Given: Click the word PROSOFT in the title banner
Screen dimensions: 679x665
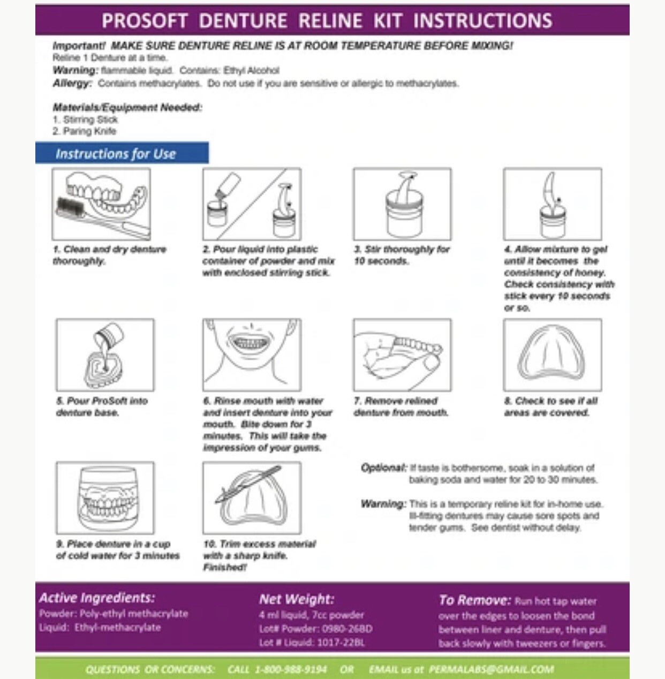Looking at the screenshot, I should click(x=145, y=21).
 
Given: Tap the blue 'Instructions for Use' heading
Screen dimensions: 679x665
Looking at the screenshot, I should click(x=116, y=154).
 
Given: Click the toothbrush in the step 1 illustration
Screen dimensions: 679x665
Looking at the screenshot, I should click(x=91, y=214).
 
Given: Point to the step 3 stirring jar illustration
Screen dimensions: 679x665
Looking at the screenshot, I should click(x=402, y=206).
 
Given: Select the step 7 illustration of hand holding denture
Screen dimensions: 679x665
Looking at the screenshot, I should click(x=402, y=355).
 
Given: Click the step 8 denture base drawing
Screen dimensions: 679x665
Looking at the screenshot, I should click(x=552, y=355).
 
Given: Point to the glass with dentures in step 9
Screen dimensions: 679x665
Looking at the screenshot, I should click(x=105, y=498).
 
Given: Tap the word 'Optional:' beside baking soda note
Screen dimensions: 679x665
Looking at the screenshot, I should click(x=383, y=467).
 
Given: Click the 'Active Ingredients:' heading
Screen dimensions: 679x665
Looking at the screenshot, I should click(x=97, y=598).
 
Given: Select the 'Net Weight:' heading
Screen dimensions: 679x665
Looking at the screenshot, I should click(x=297, y=599).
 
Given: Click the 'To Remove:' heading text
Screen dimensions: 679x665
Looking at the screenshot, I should click(x=474, y=600).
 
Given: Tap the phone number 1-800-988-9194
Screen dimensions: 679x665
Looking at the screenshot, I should click(x=290, y=669).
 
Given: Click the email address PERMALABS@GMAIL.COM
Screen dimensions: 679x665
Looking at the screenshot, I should click(x=491, y=669).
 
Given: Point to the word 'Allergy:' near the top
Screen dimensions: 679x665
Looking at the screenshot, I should click(x=72, y=84).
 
